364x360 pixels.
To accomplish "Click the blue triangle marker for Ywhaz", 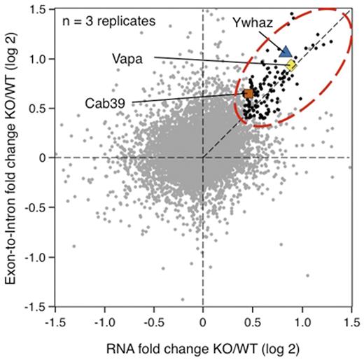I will click(x=285, y=51).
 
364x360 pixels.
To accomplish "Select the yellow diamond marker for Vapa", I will click(x=291, y=65).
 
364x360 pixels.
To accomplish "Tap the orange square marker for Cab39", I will click(x=248, y=93).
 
